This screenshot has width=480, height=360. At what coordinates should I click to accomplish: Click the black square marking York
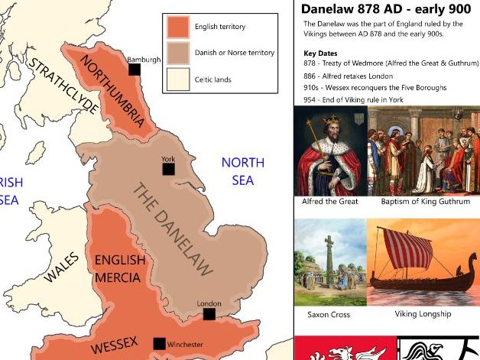(168, 170)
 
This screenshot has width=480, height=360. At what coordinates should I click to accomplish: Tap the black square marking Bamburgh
(135, 70)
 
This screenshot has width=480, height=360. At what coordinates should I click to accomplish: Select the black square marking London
(209, 313)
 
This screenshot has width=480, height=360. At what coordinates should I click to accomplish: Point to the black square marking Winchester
(160, 343)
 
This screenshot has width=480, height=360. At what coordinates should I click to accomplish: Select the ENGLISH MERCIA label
(119, 268)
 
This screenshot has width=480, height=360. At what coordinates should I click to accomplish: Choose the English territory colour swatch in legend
(178, 27)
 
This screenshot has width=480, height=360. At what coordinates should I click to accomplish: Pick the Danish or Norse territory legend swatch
(178, 53)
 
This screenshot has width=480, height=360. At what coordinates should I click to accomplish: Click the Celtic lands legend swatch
(178, 79)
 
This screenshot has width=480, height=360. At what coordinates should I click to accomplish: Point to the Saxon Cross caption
(329, 314)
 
